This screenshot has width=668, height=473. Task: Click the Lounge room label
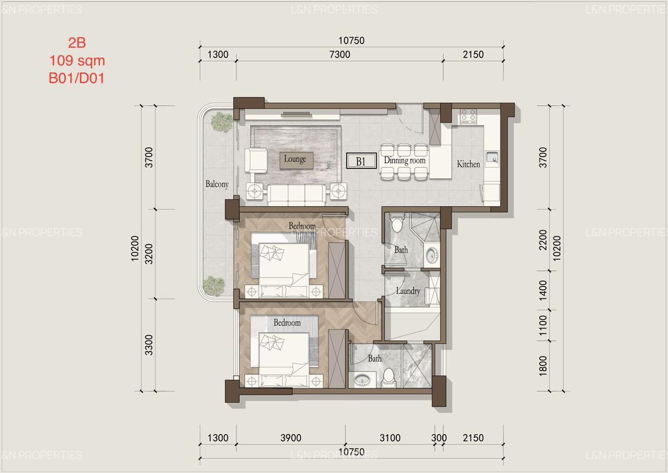[x=294, y=159]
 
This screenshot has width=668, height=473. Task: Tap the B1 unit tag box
[x=360, y=162]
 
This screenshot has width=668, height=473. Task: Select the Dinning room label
[x=404, y=160]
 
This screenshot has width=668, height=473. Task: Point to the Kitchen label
[x=468, y=164]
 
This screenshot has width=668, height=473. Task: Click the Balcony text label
[x=217, y=184]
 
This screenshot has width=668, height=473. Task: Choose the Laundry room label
[x=408, y=291]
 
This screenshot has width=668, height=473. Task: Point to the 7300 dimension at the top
[x=340, y=55]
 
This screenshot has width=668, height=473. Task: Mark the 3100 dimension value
[x=390, y=438]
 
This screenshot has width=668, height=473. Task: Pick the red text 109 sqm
[x=77, y=60]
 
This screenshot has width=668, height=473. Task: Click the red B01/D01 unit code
[x=77, y=78]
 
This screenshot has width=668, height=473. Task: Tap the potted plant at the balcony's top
[x=222, y=121]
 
